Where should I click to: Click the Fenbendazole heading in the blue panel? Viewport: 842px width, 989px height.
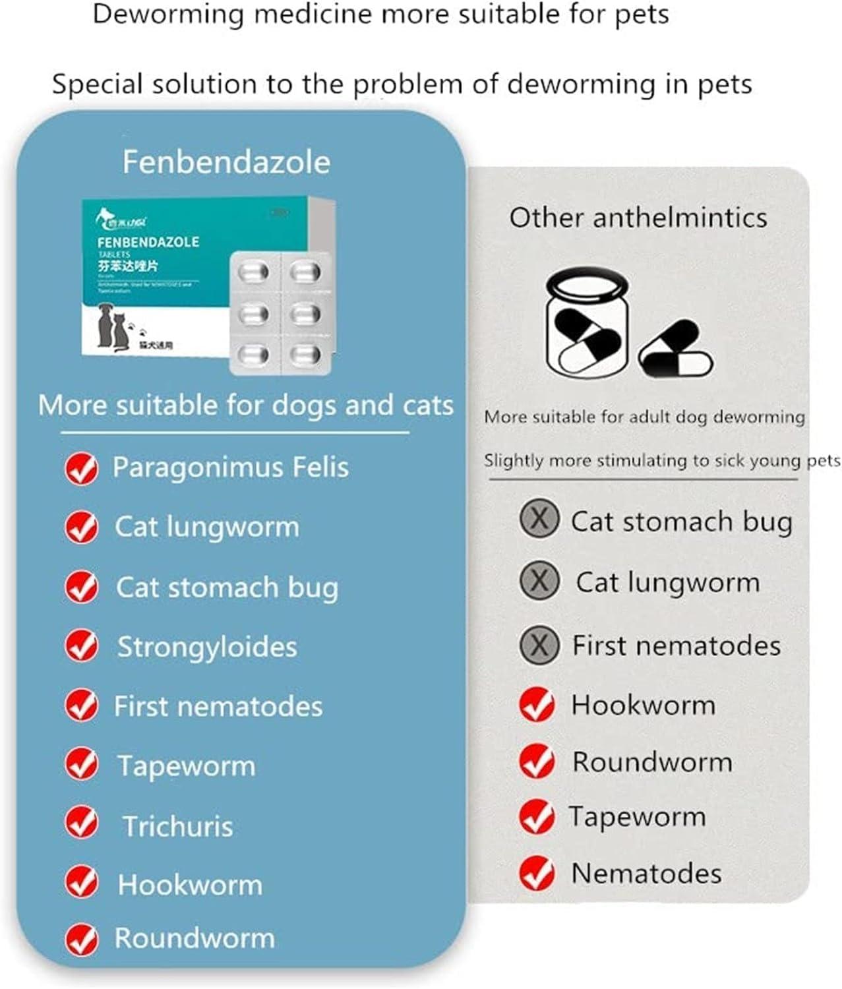226,162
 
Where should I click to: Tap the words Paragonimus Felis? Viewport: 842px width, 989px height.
230,467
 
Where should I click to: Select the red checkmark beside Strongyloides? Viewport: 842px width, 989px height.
82,645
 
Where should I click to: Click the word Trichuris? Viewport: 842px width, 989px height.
178,826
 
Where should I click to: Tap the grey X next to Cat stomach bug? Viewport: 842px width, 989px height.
539,519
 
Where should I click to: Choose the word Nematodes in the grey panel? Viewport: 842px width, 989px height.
646,874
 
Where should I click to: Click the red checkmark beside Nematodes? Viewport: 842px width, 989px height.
537,873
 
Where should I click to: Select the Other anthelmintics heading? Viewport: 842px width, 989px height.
638,218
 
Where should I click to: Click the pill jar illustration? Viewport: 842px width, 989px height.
586,323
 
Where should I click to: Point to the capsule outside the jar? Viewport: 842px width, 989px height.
677,350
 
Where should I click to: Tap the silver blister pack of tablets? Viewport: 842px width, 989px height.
280,313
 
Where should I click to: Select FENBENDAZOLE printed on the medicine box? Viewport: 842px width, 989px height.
148,242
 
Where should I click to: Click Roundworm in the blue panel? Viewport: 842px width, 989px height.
195,938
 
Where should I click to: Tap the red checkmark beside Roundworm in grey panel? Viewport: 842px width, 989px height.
537,762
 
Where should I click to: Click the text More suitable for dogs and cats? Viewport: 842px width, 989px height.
245,405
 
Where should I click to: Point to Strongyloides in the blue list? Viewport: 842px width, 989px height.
207,647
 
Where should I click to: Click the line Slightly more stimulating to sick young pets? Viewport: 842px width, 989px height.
662,460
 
